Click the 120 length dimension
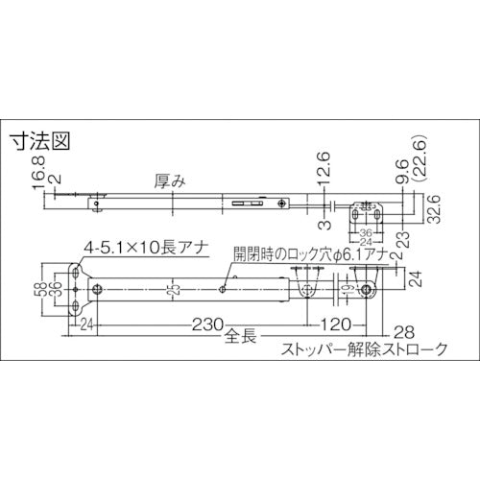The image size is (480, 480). pyautogui.click(x=334, y=323)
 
